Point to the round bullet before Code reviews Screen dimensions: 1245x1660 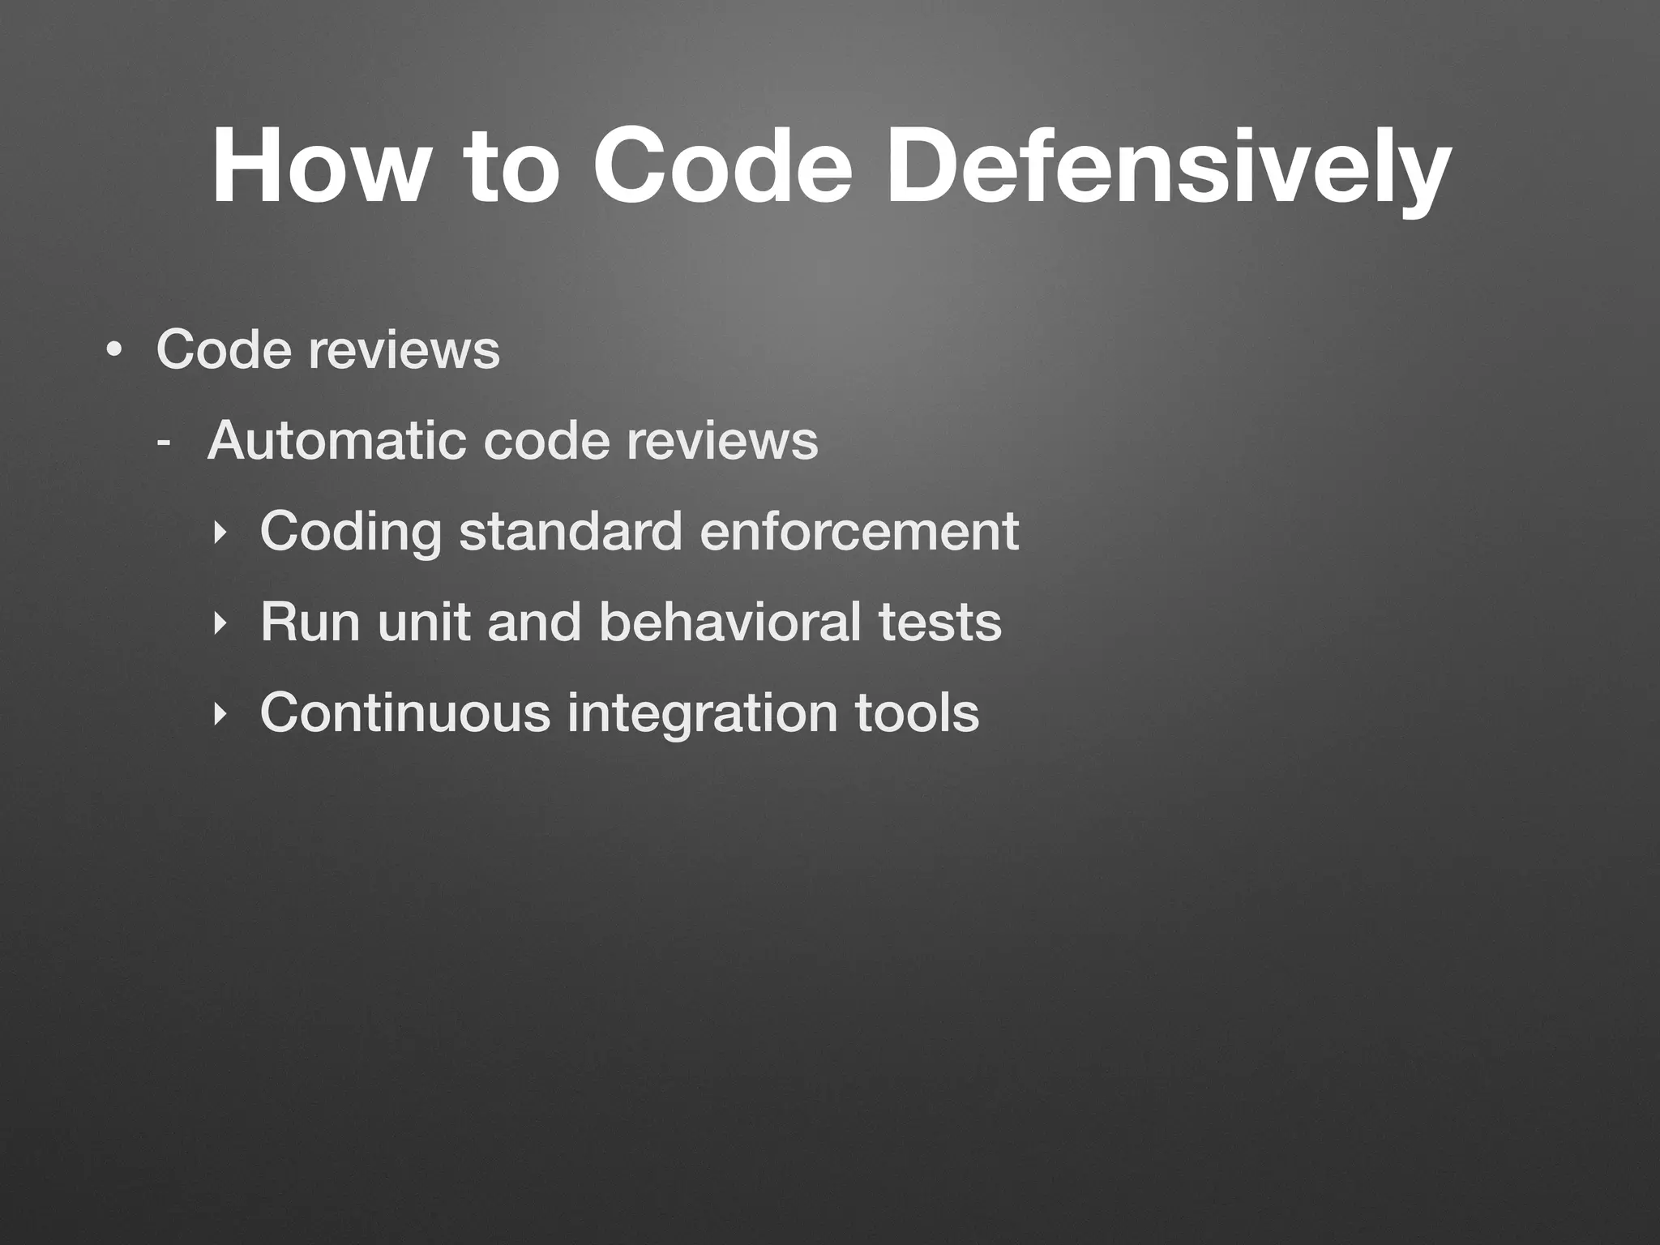coord(114,351)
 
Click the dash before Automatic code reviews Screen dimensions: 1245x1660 coord(164,443)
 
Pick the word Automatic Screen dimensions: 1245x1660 coord(336,441)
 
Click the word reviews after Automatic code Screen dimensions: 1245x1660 coord(721,443)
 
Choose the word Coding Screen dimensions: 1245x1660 coord(350,533)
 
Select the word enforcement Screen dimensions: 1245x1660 coord(858,532)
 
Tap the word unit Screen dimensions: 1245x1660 coord(423,622)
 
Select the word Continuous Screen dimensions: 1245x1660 coord(404,713)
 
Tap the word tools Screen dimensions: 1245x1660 coord(917,713)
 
